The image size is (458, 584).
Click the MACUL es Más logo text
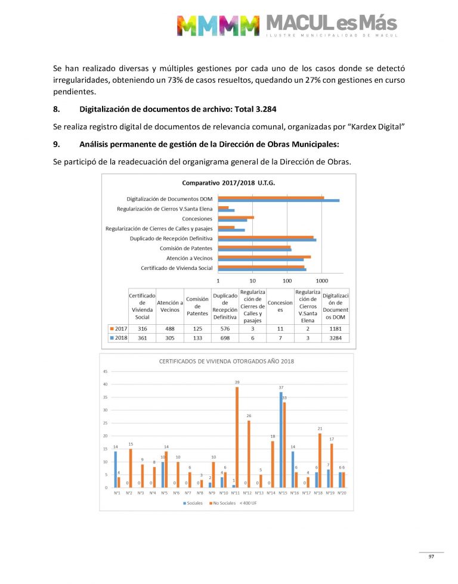coord(331,24)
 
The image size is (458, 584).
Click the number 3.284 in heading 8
coord(247,109)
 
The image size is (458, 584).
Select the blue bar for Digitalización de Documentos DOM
coord(278,200)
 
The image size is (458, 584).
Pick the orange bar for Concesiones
coord(236,217)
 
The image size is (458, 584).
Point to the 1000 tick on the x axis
coord(322,280)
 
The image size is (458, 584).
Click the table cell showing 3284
coord(335,337)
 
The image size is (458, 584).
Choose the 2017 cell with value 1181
coord(335,328)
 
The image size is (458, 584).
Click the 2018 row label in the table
coord(119,337)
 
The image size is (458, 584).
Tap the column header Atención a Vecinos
coord(169,306)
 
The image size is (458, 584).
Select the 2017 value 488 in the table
coord(169,328)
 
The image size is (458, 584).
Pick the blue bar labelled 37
coord(281,440)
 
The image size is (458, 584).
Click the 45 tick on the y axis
coord(106,372)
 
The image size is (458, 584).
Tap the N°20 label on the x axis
coord(341,493)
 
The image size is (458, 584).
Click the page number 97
coord(431,557)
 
